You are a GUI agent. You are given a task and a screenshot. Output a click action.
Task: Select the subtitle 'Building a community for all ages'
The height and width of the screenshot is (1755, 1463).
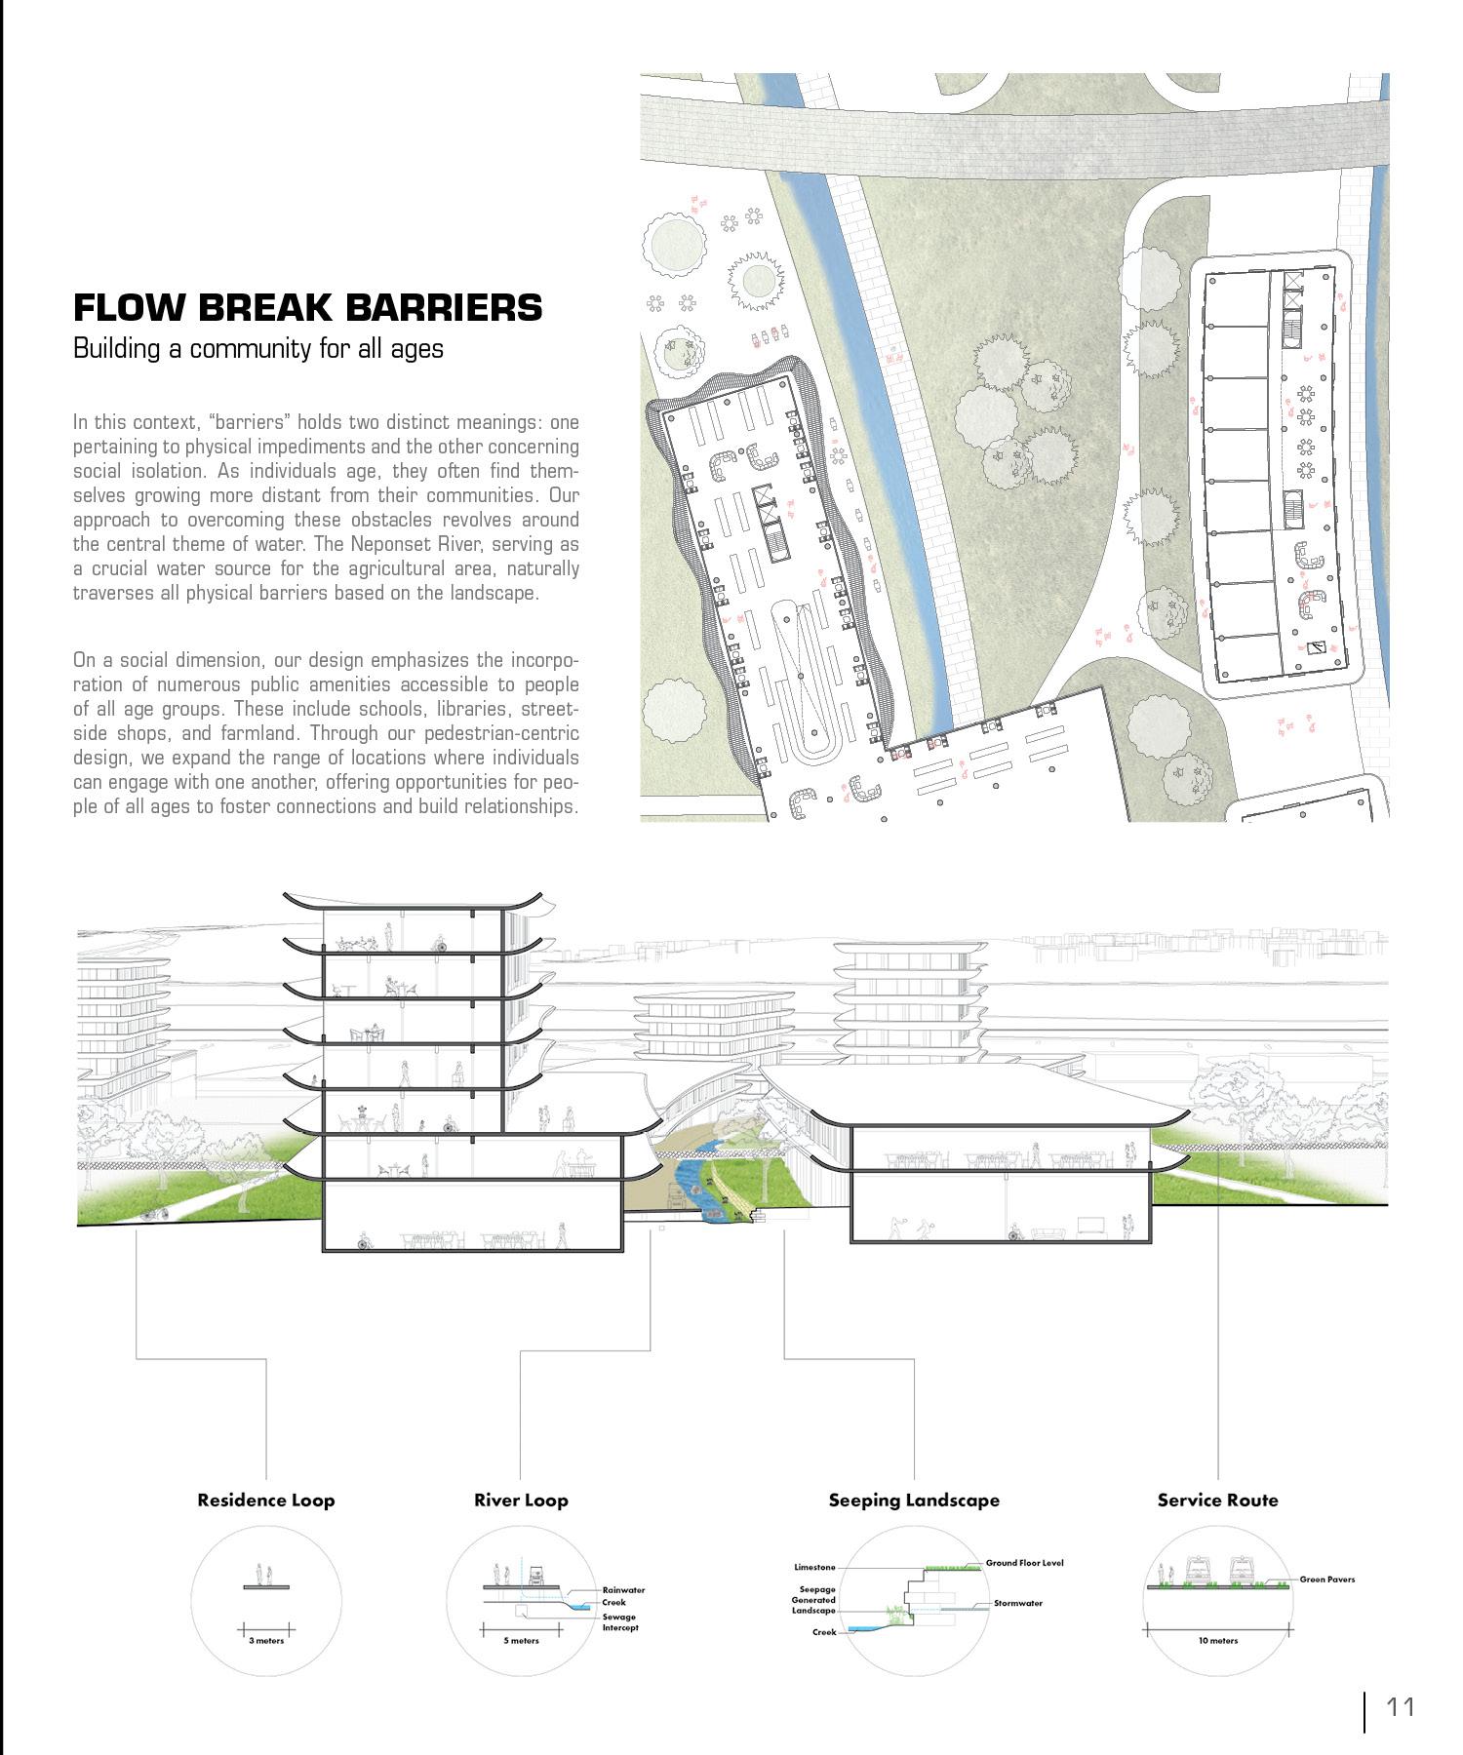[x=257, y=349]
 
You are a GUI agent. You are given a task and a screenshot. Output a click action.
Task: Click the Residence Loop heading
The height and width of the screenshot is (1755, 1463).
[x=265, y=1501]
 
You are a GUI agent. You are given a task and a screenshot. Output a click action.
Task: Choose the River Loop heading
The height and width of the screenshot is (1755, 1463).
[x=521, y=1501]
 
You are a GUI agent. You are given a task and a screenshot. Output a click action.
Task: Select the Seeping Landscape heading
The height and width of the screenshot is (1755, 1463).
[x=914, y=1501]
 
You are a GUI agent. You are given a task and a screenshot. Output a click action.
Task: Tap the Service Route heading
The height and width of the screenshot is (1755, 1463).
[x=1217, y=1501]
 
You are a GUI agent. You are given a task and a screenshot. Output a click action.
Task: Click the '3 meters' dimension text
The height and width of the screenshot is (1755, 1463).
[x=265, y=1641]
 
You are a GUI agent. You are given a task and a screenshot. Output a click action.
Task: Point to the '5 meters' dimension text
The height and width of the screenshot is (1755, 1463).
[x=521, y=1641]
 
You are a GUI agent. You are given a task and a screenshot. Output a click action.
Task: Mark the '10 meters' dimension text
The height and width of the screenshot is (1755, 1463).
[x=1217, y=1641]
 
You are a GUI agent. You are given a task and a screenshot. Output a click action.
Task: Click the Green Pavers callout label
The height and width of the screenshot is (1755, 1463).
[x=1326, y=1579]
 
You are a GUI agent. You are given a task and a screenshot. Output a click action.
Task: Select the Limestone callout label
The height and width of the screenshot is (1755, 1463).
[x=814, y=1568]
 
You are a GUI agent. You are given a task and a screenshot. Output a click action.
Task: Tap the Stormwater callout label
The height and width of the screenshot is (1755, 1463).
[x=1018, y=1603]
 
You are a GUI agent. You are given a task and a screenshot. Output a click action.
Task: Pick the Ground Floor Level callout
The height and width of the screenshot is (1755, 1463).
[x=1024, y=1563]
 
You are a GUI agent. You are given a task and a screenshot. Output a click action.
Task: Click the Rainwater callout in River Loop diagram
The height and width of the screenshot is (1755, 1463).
[x=623, y=1590]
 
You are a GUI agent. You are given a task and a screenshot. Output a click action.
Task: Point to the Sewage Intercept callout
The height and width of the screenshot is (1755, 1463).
[x=619, y=1622]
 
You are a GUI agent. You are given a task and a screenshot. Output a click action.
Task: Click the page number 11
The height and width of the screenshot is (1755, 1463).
[x=1400, y=1707]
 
